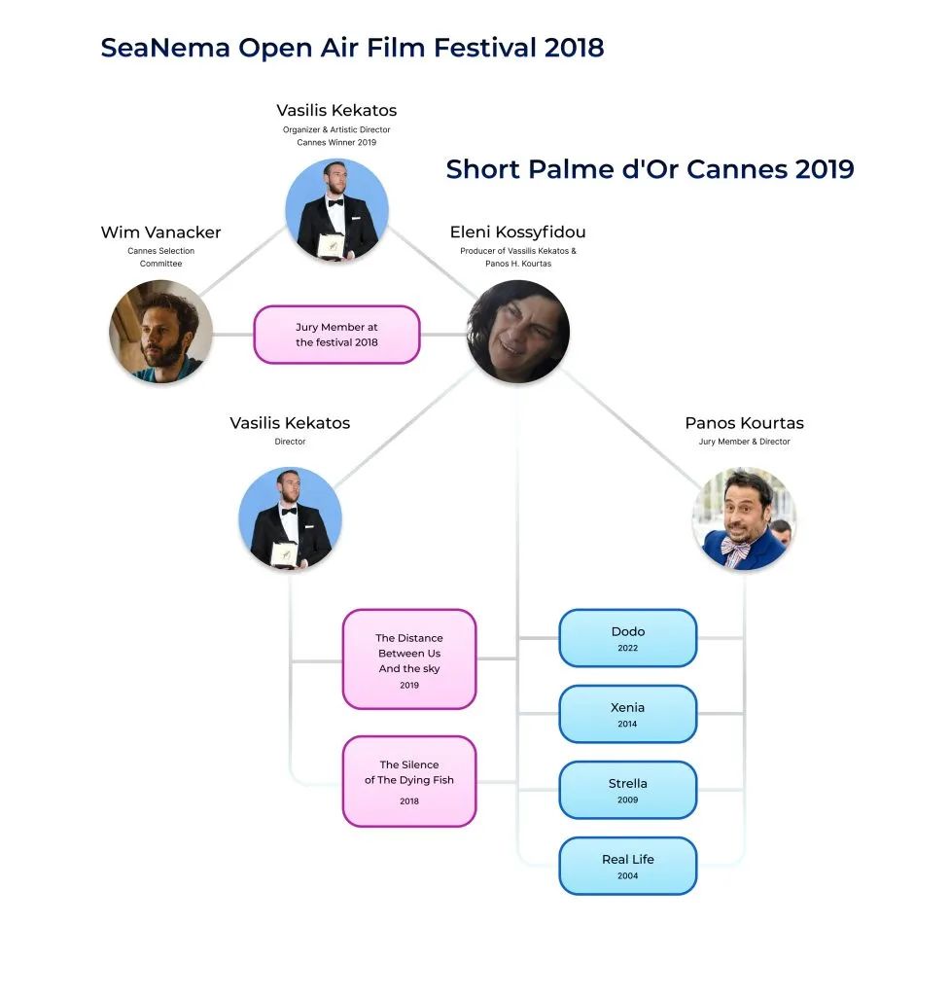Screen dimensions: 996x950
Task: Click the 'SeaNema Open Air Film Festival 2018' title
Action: tap(352, 48)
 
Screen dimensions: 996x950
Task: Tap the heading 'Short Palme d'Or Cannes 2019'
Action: tap(650, 169)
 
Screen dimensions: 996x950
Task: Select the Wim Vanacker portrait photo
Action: tap(160, 332)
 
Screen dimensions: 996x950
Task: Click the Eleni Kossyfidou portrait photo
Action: tap(518, 331)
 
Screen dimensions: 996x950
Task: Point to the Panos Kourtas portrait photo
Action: tap(744, 519)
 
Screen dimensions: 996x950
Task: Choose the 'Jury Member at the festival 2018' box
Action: tap(336, 335)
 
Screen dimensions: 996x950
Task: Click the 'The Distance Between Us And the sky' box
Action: tap(409, 659)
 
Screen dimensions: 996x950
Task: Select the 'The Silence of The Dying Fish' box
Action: tap(409, 781)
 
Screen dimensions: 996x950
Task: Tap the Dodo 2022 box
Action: tap(628, 638)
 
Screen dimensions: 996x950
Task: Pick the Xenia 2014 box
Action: tap(628, 714)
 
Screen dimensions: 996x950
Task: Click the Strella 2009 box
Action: tap(628, 790)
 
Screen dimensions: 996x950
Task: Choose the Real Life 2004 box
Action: tap(628, 866)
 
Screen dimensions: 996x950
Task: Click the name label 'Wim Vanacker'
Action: tap(160, 232)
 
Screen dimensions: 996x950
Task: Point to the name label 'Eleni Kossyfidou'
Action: tap(517, 232)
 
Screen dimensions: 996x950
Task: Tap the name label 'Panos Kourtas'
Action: tap(744, 423)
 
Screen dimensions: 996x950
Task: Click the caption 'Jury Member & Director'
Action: tap(744, 442)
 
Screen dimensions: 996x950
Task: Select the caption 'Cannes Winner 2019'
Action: tap(336, 142)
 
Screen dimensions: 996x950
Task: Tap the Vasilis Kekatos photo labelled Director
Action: tap(290, 518)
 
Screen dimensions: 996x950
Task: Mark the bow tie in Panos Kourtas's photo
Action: tap(736, 551)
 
